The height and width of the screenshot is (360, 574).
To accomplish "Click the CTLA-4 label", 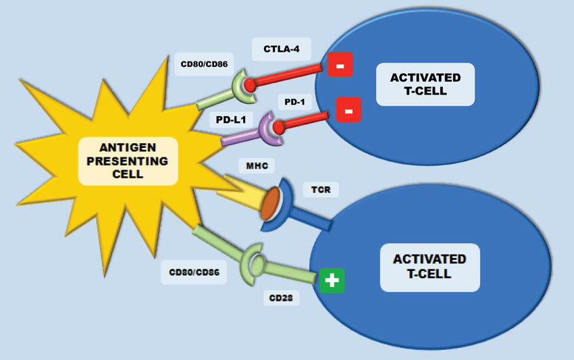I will pyautogui.click(x=282, y=49).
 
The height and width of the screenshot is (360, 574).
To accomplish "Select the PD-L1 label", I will pyautogui.click(x=230, y=120).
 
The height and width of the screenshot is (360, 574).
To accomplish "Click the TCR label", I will pyautogui.click(x=321, y=190).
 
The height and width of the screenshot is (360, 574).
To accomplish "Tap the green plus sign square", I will pyautogui.click(x=332, y=280).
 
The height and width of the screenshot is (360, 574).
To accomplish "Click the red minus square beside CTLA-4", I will pyautogui.click(x=340, y=65).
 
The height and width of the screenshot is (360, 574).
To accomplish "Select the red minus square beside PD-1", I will pyautogui.click(x=348, y=109).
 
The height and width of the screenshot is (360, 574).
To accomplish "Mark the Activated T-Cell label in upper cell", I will pyautogui.click(x=425, y=84).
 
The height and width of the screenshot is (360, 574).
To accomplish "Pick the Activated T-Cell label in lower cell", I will pyautogui.click(x=429, y=267).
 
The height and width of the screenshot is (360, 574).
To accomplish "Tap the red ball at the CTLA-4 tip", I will pyautogui.click(x=251, y=85).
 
